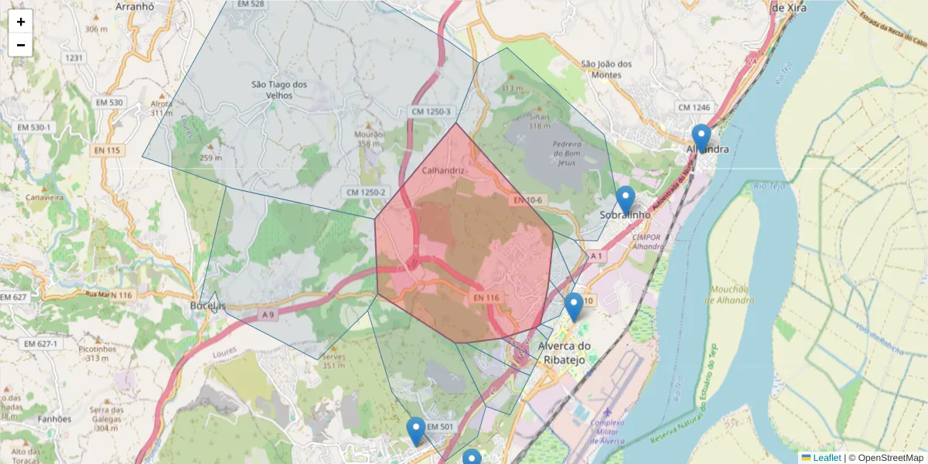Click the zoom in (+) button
[21, 22]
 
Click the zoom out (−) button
[21, 45]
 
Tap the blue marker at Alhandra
[701, 139]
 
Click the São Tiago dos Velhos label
[279, 90]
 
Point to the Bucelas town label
[207, 306]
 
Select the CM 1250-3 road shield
[429, 112]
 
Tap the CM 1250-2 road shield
[366, 192]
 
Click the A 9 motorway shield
[268, 315]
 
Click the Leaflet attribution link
[826, 458]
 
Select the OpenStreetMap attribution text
[890, 458]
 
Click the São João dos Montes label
[607, 69]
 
